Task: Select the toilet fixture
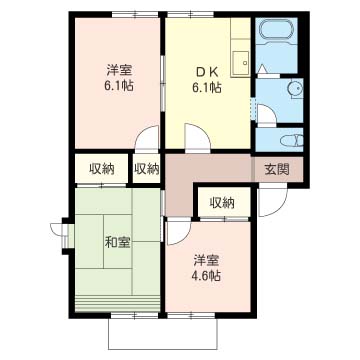(288, 139)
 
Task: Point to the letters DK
(207, 70)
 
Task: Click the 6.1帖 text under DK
(207, 87)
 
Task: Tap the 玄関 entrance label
(276, 169)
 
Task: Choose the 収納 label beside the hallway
(146, 169)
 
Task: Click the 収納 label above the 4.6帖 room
(222, 203)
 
